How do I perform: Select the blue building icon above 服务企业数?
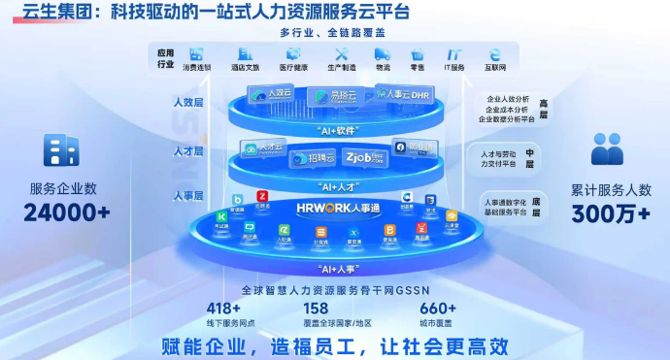[x=61, y=150]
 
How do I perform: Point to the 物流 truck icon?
[x=383, y=55]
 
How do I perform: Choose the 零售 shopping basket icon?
[x=418, y=55]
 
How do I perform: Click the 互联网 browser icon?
[x=495, y=55]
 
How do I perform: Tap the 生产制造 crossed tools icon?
[x=341, y=55]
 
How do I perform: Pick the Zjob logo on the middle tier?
[x=362, y=155]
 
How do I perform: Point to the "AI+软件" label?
[x=335, y=129]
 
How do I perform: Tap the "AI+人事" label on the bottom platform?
[x=335, y=266]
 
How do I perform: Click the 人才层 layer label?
[x=188, y=152]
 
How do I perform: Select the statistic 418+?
[x=224, y=309]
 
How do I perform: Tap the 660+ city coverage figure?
[x=437, y=309]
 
